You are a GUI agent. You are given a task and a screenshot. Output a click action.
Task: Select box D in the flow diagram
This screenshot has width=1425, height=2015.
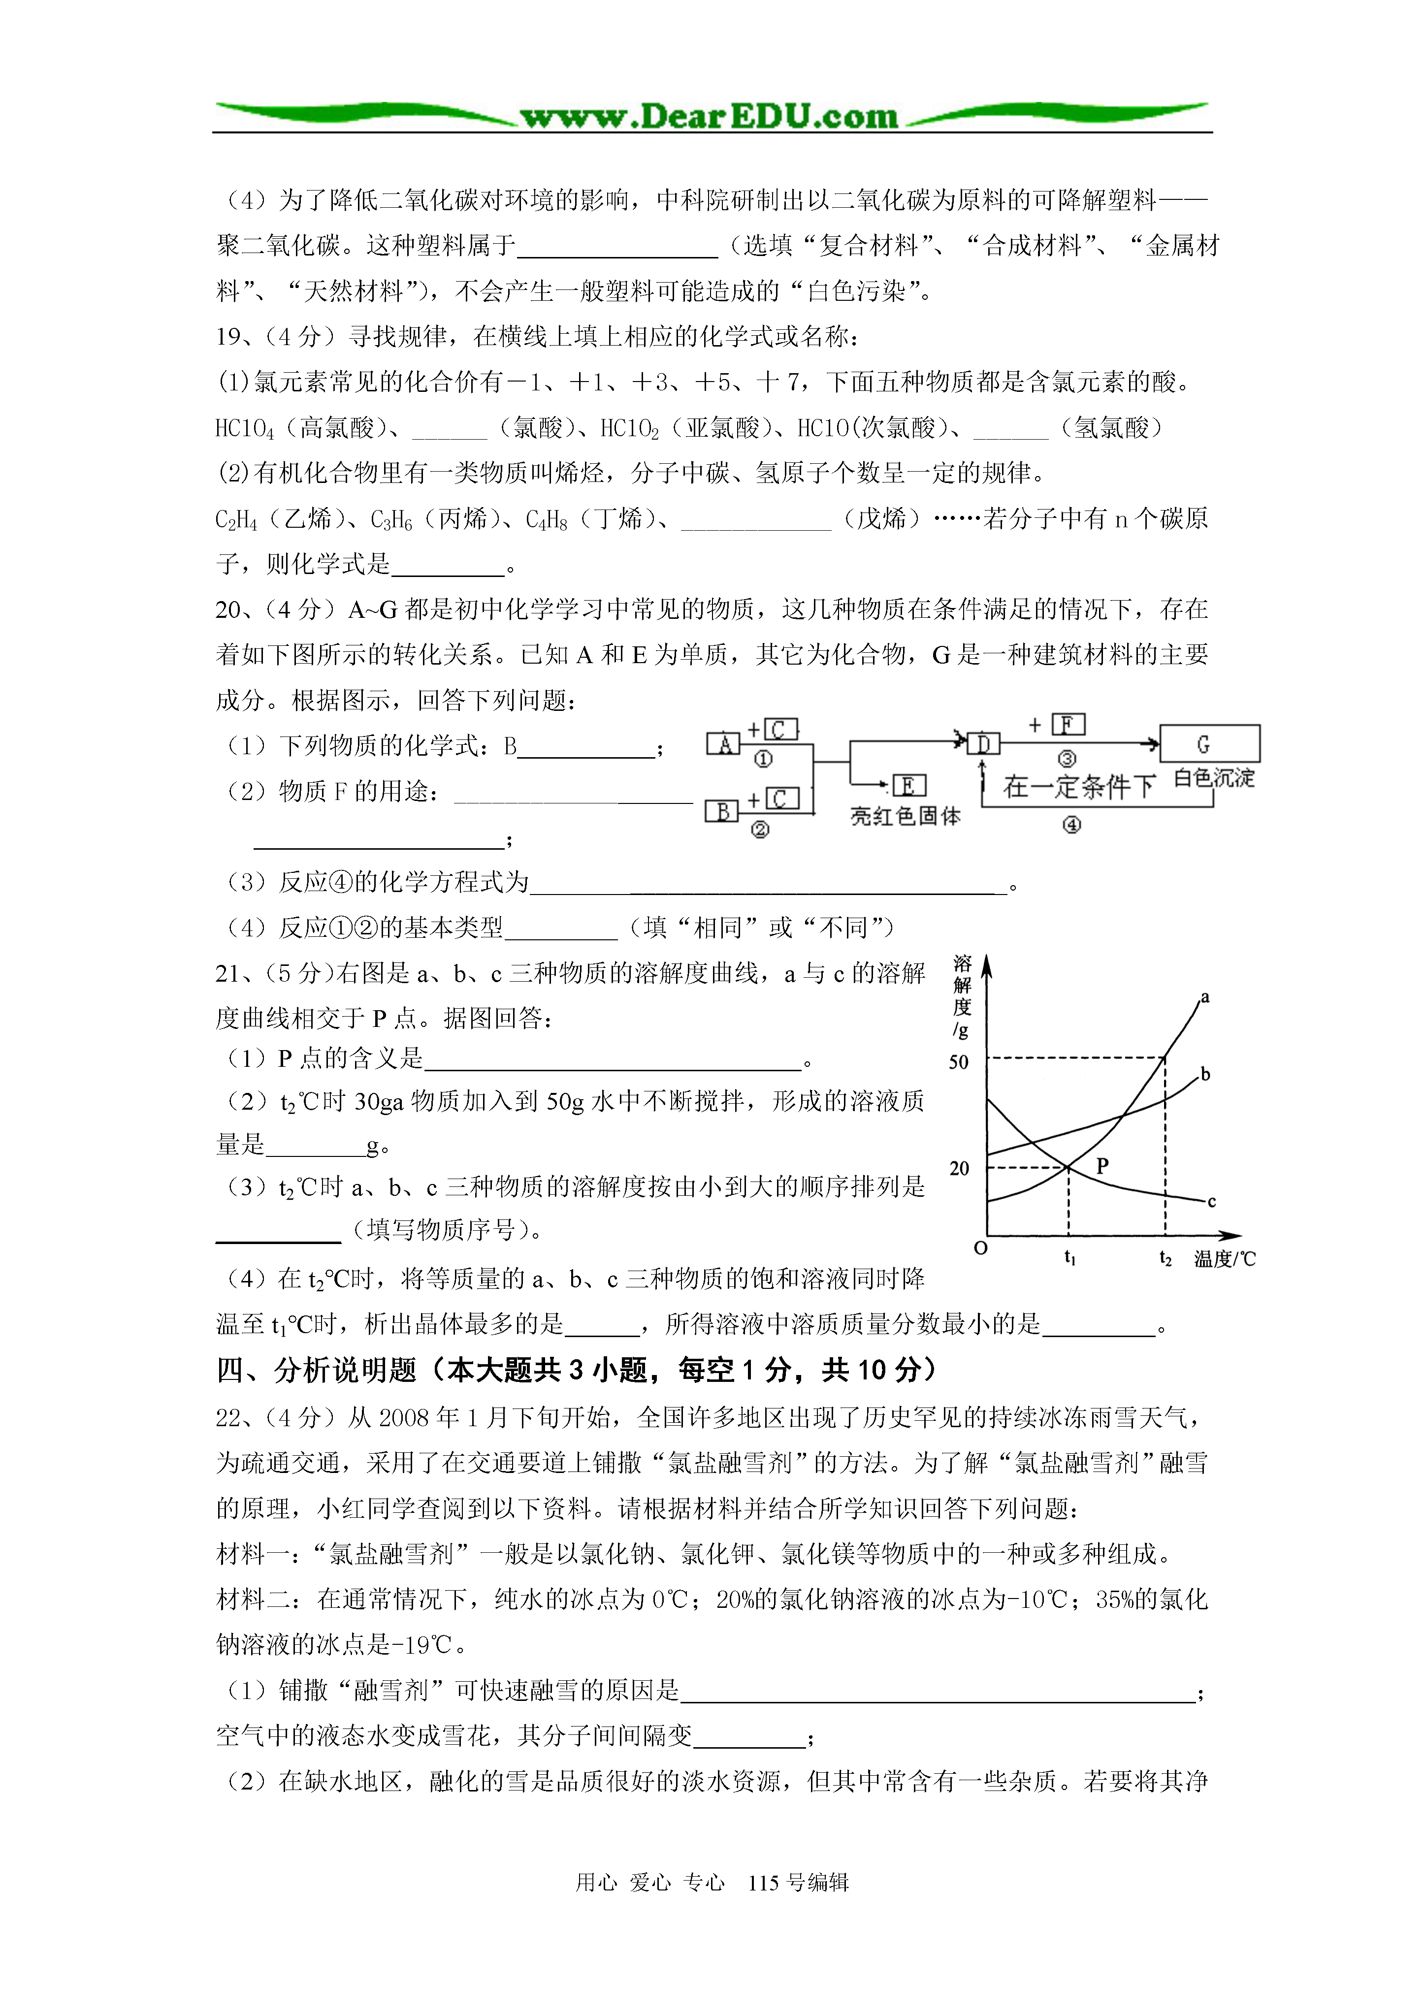click(983, 744)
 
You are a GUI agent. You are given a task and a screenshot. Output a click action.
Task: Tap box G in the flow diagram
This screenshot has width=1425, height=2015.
click(1209, 743)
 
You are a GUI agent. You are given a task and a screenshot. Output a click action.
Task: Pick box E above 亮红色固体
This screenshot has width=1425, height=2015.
click(909, 785)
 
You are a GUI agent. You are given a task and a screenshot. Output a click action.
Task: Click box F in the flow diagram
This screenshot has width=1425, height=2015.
click(1068, 725)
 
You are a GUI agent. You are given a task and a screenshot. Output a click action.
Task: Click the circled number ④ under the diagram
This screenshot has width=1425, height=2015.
click(1071, 825)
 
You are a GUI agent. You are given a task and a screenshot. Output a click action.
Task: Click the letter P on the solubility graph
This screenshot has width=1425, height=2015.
click(1103, 1165)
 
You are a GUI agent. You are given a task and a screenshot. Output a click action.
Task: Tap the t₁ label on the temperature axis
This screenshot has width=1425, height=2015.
click(1069, 1258)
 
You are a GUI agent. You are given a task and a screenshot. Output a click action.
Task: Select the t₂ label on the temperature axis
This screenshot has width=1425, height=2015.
click(1165, 1258)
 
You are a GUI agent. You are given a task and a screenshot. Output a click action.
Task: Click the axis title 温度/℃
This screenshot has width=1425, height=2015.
click(1225, 1258)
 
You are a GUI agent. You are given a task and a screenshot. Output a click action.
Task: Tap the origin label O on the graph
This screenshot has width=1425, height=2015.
click(981, 1248)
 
